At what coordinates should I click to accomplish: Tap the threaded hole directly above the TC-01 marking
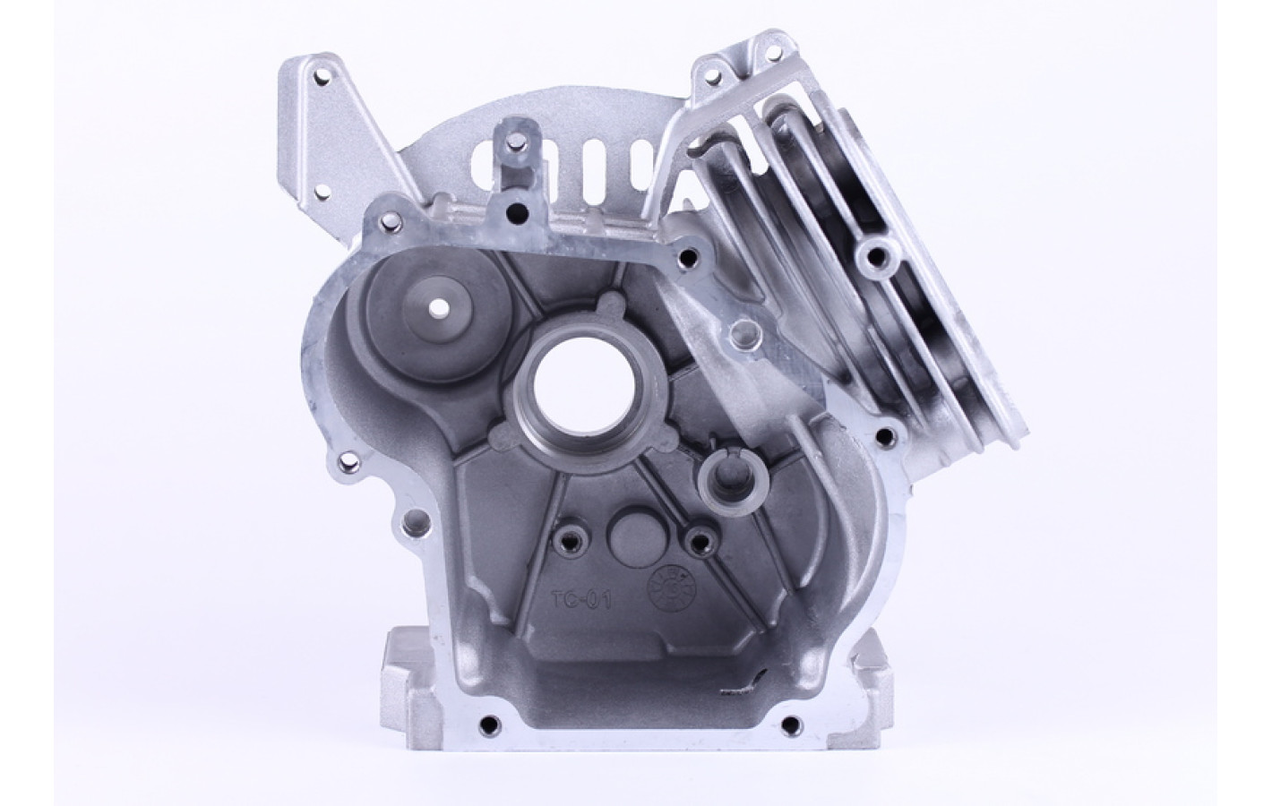click(x=566, y=542)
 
